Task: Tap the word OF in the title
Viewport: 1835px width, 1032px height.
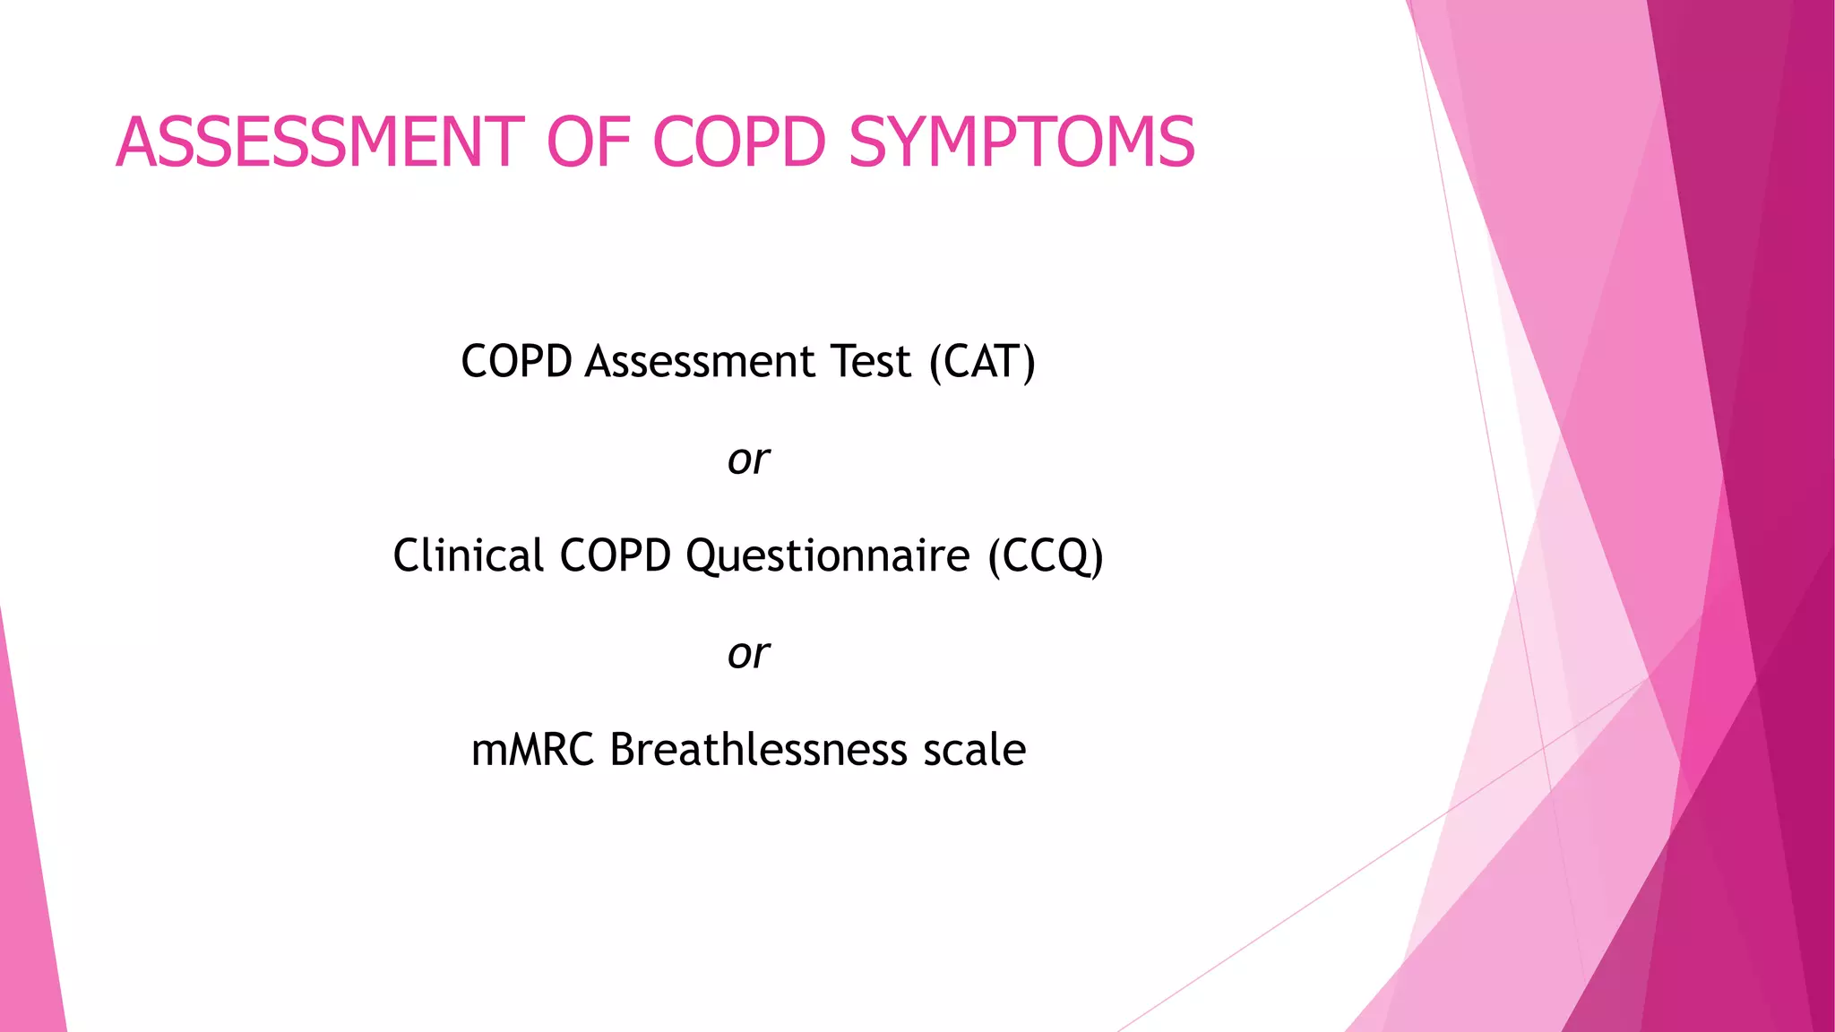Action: [x=588, y=142]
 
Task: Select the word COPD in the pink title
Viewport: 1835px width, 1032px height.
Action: [x=739, y=142]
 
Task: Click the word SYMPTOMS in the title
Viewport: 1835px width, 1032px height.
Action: [x=1021, y=142]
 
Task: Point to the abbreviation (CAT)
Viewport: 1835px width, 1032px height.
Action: [x=982, y=362]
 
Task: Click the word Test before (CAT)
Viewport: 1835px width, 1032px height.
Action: [x=871, y=362]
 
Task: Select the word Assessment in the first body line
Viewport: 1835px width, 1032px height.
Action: [x=701, y=362]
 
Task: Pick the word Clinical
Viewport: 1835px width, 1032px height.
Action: [x=468, y=555]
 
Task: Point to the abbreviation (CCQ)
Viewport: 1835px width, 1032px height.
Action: [x=1046, y=555]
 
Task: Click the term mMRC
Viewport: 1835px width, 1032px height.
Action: [x=532, y=750]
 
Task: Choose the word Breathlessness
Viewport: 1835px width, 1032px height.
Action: [x=758, y=750]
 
